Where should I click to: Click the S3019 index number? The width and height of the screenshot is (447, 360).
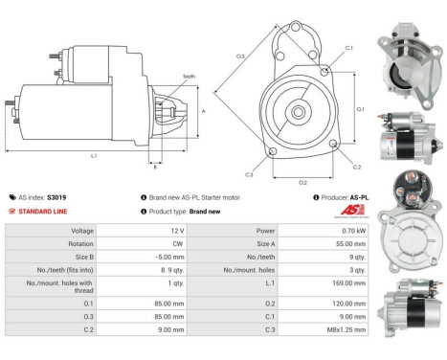point(56,197)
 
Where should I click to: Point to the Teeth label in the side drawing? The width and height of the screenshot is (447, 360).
point(189,77)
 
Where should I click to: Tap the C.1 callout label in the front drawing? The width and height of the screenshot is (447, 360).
point(348,47)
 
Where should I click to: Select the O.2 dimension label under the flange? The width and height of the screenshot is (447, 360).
point(302,181)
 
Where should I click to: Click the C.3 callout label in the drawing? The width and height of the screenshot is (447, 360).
point(249,174)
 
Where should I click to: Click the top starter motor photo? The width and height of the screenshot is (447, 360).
point(409,66)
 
